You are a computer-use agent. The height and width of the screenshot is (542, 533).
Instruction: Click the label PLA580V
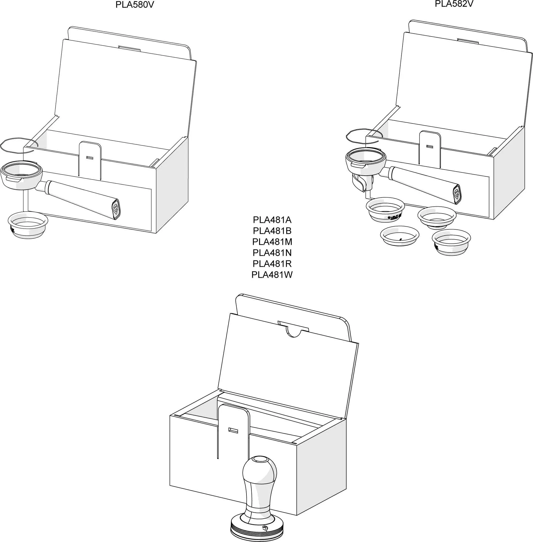pyautogui.click(x=135, y=5)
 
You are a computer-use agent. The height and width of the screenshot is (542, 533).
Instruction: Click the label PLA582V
pyautogui.click(x=454, y=4)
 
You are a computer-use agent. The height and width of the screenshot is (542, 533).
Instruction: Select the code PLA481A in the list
pyautogui.click(x=272, y=220)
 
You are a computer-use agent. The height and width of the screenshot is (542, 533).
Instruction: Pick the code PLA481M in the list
pyautogui.click(x=272, y=241)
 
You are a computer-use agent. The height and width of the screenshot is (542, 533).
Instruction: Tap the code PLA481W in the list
pyautogui.click(x=272, y=275)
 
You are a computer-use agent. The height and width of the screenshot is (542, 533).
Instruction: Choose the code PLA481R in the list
pyautogui.click(x=272, y=264)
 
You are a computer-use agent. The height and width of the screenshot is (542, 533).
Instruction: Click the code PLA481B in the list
pyautogui.click(x=272, y=231)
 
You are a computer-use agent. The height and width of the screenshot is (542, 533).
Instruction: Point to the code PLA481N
pyautogui.click(x=272, y=252)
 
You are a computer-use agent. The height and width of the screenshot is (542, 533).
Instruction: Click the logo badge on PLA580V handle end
pyautogui.click(x=116, y=209)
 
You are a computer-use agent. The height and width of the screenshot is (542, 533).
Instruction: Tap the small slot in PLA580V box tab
pyautogui.click(x=90, y=158)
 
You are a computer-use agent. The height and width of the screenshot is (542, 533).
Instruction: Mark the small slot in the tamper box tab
pyautogui.click(x=233, y=430)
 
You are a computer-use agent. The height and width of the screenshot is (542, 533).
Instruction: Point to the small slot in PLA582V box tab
pyautogui.click(x=429, y=146)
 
